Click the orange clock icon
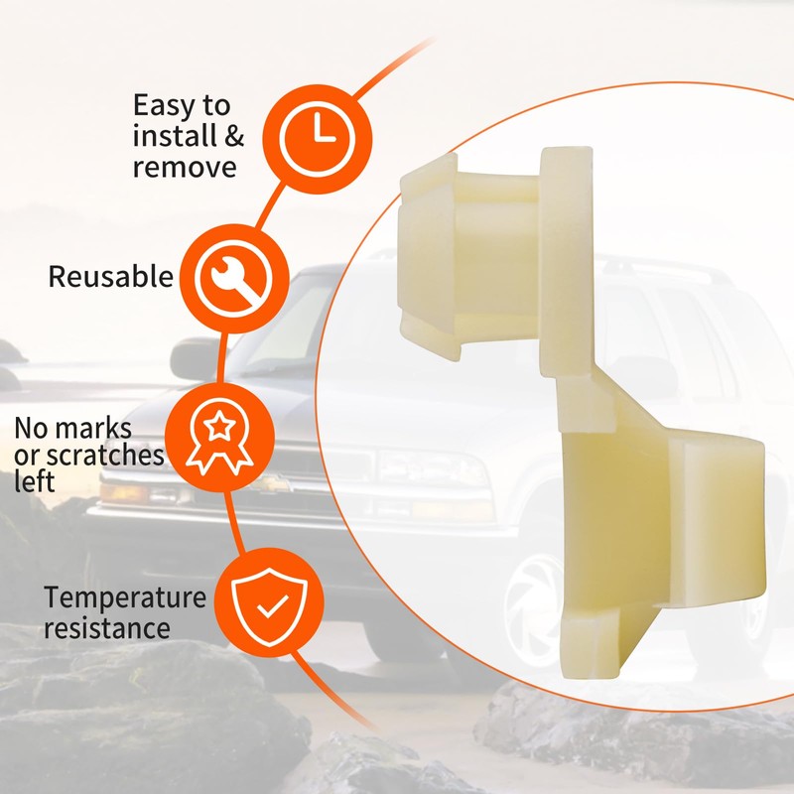point(317,139)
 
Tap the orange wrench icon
point(234,279)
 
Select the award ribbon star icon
point(219,438)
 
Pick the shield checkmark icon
point(269,602)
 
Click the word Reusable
point(111,277)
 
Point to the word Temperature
point(125,597)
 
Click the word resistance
point(107,628)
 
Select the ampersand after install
point(233,136)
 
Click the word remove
point(185,168)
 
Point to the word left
point(34,481)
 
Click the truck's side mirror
point(194,359)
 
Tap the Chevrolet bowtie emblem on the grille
point(272,484)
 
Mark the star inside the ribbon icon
point(219,427)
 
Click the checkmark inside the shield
point(272,606)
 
